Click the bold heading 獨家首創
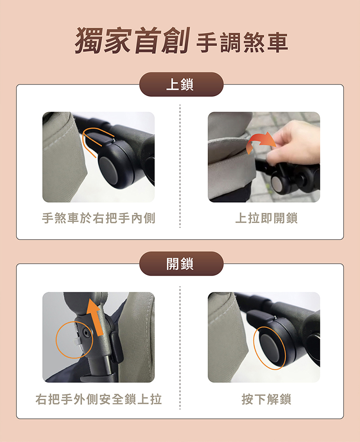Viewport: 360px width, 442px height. click(132, 40)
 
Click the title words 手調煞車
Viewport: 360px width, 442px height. click(242, 43)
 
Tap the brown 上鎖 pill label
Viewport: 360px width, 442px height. click(181, 84)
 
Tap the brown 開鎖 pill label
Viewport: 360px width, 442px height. click(181, 263)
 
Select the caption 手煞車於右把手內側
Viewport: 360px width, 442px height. click(99, 218)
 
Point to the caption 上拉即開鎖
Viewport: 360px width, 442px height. click(266, 218)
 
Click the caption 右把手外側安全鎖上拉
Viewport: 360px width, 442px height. click(99, 399)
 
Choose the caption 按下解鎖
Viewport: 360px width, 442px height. click(266, 399)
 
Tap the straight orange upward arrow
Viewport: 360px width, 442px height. click(94, 317)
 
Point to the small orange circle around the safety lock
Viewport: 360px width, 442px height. click(56, 339)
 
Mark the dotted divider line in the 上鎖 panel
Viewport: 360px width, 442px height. click(180, 166)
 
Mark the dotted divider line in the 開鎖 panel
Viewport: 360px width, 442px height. click(180, 348)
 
